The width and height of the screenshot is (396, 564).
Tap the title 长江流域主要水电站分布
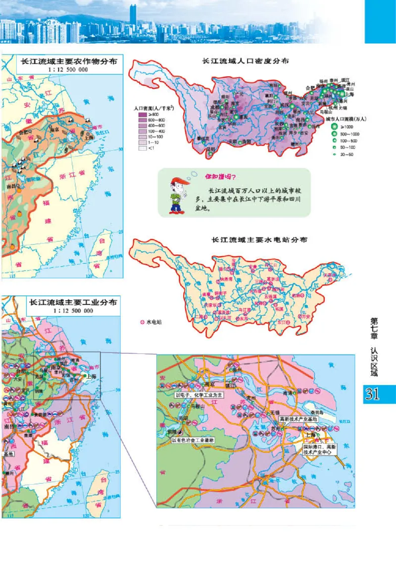(259, 240)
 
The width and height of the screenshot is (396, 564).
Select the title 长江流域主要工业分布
(73, 302)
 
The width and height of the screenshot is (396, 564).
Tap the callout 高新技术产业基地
(302, 419)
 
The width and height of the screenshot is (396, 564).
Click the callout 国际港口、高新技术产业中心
(320, 450)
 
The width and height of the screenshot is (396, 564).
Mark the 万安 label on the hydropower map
(303, 316)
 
